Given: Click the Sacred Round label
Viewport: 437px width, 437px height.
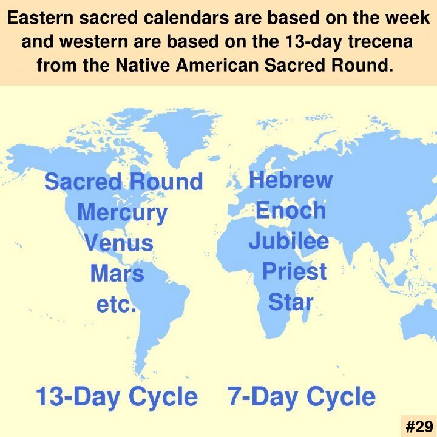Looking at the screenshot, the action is pos(123,181).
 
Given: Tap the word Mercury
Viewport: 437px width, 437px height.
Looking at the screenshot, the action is pos(123,213).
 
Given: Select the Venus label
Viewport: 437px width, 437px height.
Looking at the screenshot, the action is pos(119,242).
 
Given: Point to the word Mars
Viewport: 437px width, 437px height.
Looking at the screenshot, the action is pos(117,273).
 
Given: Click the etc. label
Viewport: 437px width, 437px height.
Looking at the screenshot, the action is pos(116,304).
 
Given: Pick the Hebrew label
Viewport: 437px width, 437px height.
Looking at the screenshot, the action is pos(291,179).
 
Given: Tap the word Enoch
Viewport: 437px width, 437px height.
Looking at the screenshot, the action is pos(291,210).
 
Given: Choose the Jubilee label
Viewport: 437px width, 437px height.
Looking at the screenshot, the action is pos(289,241).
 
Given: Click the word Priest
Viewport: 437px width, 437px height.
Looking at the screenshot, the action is pos(294,271).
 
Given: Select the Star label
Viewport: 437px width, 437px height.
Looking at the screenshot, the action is pos(291,302).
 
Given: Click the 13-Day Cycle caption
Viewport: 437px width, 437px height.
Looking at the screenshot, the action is pos(117,397).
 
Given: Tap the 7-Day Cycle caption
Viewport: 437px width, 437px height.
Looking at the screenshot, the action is pos(302,397).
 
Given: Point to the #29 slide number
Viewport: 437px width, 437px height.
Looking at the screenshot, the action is pos(419,426).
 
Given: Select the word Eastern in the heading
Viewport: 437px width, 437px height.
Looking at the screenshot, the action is pos(41,18).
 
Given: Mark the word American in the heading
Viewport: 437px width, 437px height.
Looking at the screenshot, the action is pos(217,66).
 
